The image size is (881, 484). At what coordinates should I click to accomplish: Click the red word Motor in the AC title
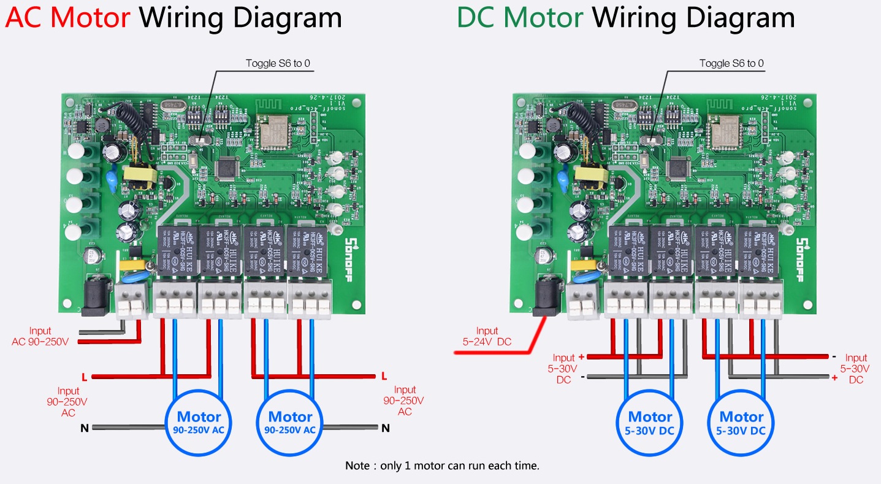pyautogui.click(x=90, y=17)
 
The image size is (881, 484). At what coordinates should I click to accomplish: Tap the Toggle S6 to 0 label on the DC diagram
pyautogui.click(x=731, y=63)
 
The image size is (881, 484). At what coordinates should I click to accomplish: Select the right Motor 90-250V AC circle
pyautogui.click(x=290, y=423)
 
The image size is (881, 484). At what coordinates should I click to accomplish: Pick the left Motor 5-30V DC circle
pyautogui.click(x=650, y=423)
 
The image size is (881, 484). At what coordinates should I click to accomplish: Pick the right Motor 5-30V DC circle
pyautogui.click(x=741, y=423)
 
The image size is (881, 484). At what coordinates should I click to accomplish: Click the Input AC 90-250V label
pyautogui.click(x=40, y=336)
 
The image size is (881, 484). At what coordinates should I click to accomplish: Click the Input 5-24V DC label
pyautogui.click(x=487, y=336)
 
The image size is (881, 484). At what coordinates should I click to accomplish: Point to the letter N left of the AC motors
pyautogui.click(x=84, y=428)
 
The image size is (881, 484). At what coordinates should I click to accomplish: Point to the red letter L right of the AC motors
pyautogui.click(x=384, y=375)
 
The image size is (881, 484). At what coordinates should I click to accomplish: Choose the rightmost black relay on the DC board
pyautogui.click(x=758, y=250)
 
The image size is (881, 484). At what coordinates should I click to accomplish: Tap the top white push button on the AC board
pyautogui.click(x=76, y=150)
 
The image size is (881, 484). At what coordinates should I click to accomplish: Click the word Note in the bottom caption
pyautogui.click(x=357, y=466)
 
